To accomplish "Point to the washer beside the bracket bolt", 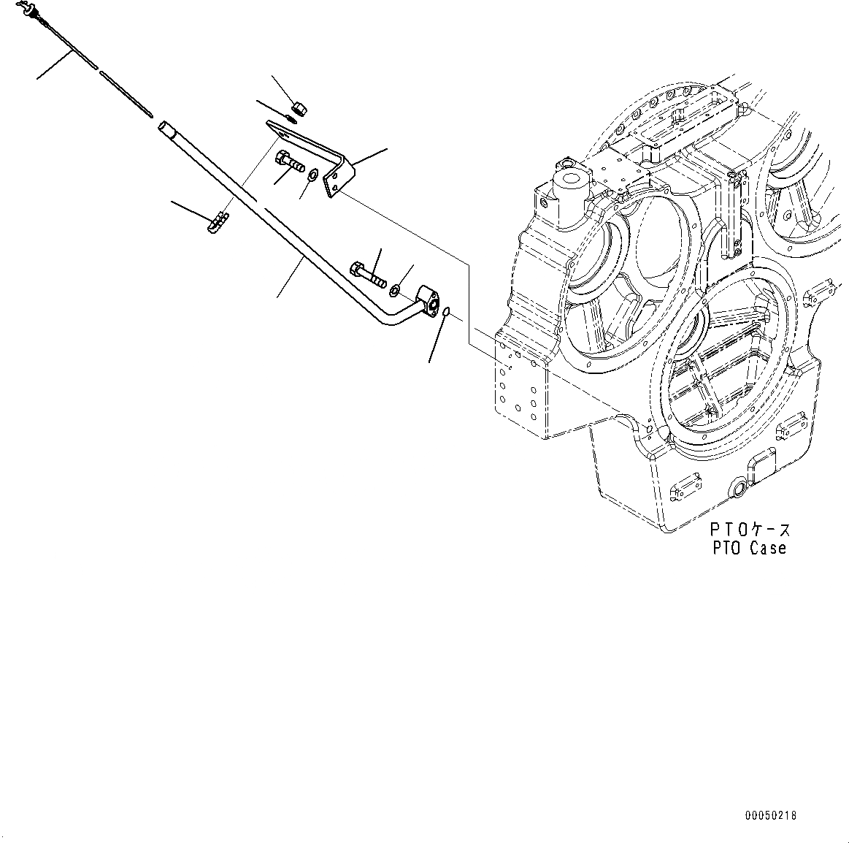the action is click(312, 175).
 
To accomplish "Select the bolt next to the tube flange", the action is click(369, 274).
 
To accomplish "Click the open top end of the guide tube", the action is click(164, 126).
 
